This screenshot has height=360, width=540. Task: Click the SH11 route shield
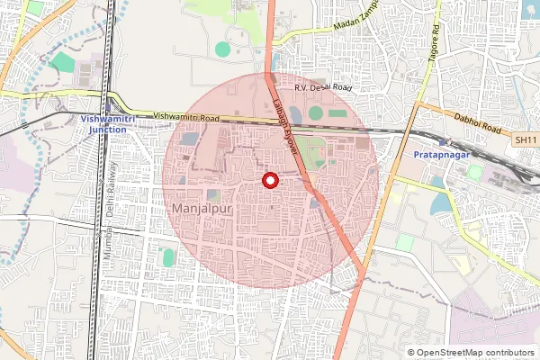[526, 140]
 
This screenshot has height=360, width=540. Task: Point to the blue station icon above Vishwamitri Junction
[109, 106]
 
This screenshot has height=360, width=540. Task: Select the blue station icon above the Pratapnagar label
[442, 143]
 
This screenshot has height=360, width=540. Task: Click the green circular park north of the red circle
[222, 49]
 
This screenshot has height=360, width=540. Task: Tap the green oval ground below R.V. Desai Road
[315, 112]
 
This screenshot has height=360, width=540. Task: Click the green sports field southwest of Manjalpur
[167, 258]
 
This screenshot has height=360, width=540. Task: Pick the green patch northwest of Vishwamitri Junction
[63, 62]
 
